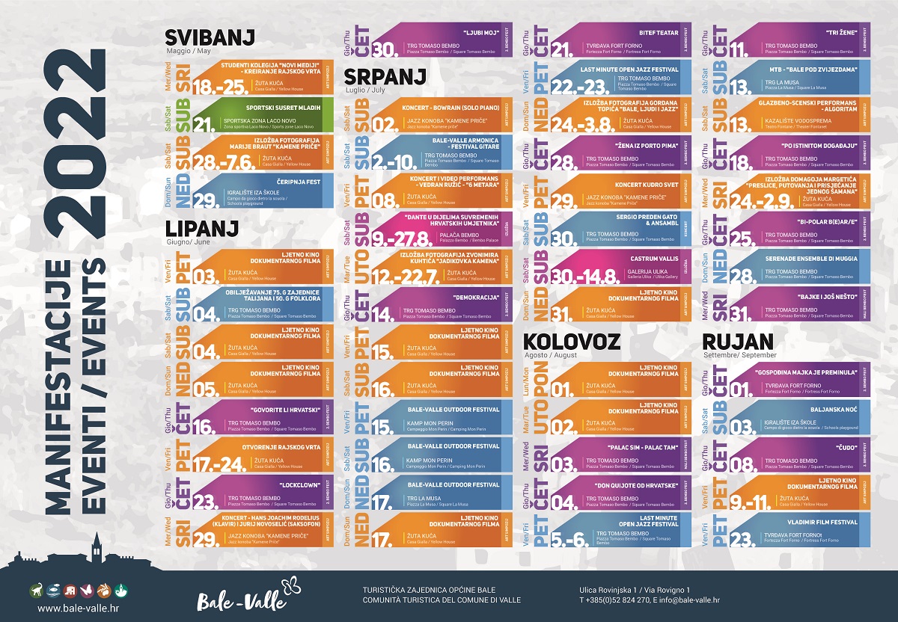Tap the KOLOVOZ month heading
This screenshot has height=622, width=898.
573,342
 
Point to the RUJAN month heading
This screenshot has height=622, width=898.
738,342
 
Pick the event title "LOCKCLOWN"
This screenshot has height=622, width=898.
302,485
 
